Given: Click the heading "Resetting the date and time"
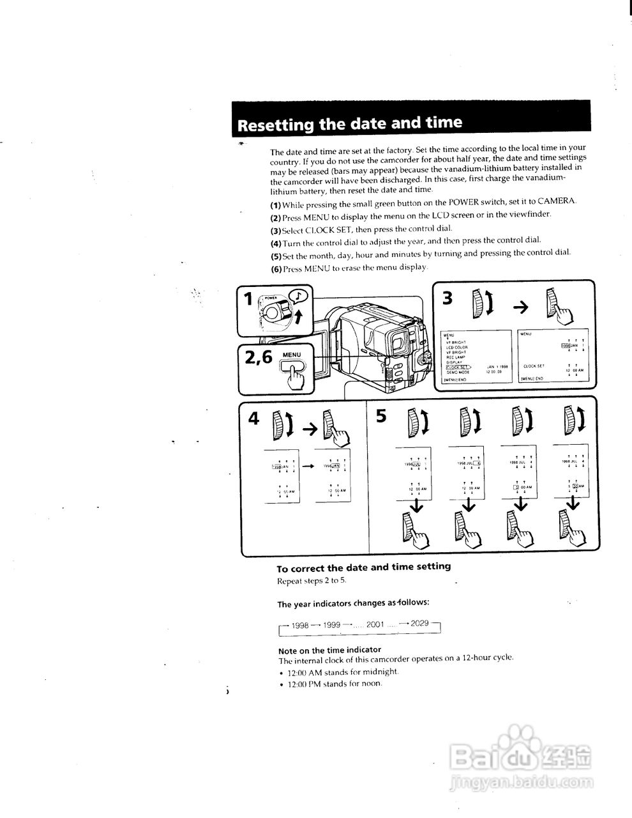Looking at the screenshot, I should (349, 124).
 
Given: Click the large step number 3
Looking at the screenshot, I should (448, 298).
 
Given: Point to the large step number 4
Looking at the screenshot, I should (254, 418).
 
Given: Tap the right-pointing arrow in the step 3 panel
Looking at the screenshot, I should (520, 307).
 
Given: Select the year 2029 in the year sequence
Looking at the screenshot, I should (419, 622).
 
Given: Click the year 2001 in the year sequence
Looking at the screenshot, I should (375, 623).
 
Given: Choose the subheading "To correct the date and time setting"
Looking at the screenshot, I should (363, 567).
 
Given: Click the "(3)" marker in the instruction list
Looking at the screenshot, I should (275, 229).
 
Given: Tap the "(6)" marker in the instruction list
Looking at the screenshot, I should (275, 268).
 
